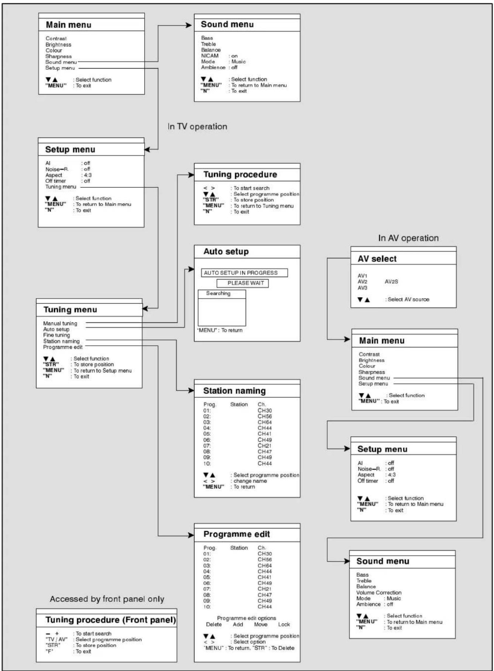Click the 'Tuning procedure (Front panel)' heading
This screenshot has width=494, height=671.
pyautogui.click(x=111, y=620)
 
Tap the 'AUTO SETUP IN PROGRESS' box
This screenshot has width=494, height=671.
pyautogui.click(x=245, y=273)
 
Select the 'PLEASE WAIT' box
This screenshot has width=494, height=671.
pyautogui.click(x=243, y=283)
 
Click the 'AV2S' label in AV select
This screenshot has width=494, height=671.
pyautogui.click(x=391, y=282)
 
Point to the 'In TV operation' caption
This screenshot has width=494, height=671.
pyautogui.click(x=197, y=126)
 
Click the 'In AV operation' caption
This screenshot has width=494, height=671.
pyautogui.click(x=408, y=238)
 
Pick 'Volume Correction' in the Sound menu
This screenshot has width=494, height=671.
pyautogui.click(x=379, y=593)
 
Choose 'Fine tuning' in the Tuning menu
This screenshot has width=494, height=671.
pyautogui.click(x=56, y=335)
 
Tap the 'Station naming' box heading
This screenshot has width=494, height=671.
pyautogui.click(x=235, y=391)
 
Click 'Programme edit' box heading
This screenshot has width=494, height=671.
pyautogui.click(x=237, y=534)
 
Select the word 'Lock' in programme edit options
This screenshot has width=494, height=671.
pyautogui.click(x=284, y=624)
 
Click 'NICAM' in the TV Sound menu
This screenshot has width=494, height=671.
pyautogui.click(x=210, y=56)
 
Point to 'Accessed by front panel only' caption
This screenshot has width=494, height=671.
pyautogui.click(x=107, y=599)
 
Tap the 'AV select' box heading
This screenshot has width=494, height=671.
pyautogui.click(x=377, y=259)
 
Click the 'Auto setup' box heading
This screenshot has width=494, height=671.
pyautogui.click(x=226, y=252)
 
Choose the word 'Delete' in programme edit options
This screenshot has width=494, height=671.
pyautogui.click(x=214, y=624)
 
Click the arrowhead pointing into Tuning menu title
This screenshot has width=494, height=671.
pyautogui.click(x=145, y=308)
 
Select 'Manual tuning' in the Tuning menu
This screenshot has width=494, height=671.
pyautogui.click(x=60, y=323)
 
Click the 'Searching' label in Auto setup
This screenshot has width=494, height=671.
pyautogui.click(x=218, y=293)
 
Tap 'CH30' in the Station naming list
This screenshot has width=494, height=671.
pyautogui.click(x=265, y=410)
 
